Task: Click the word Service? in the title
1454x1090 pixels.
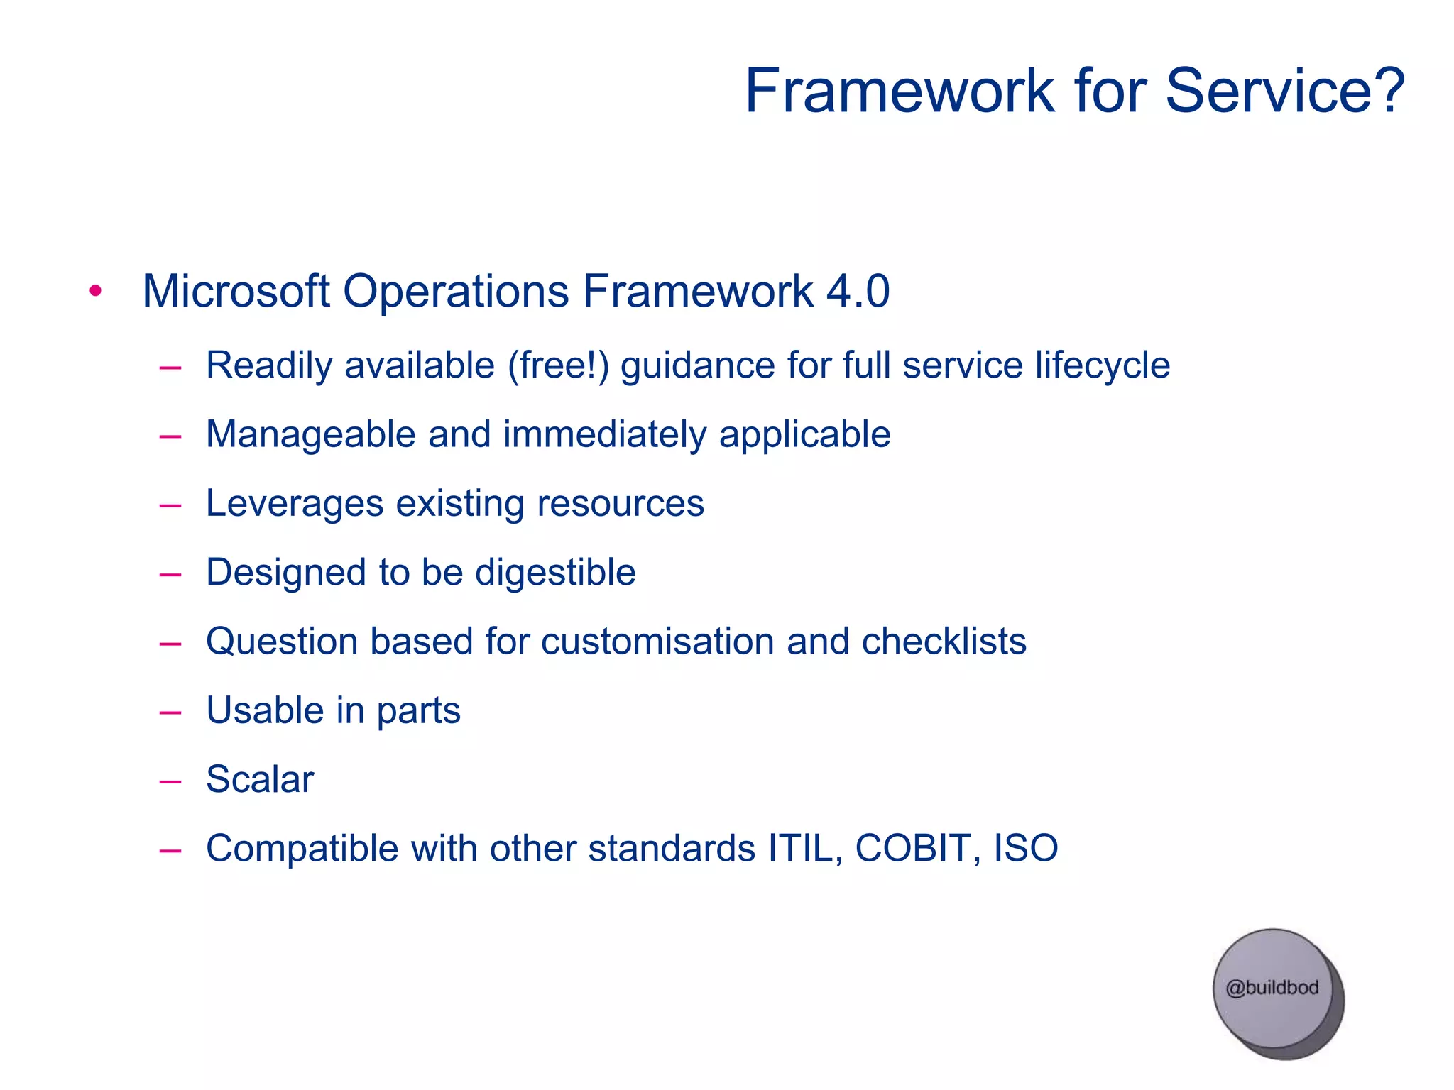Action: [x=1285, y=91]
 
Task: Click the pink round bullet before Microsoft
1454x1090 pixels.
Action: [x=96, y=291]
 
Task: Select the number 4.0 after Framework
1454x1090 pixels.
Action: [x=858, y=291]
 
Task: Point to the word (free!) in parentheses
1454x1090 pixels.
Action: [x=558, y=365]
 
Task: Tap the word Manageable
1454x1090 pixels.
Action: [x=310, y=434]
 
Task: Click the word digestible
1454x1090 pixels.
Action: [x=555, y=572]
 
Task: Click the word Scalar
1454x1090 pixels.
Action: [x=260, y=778]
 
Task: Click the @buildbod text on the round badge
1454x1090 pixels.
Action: [x=1272, y=987]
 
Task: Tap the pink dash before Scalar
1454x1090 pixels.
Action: [x=170, y=781]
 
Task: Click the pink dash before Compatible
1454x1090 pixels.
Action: [x=170, y=850]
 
